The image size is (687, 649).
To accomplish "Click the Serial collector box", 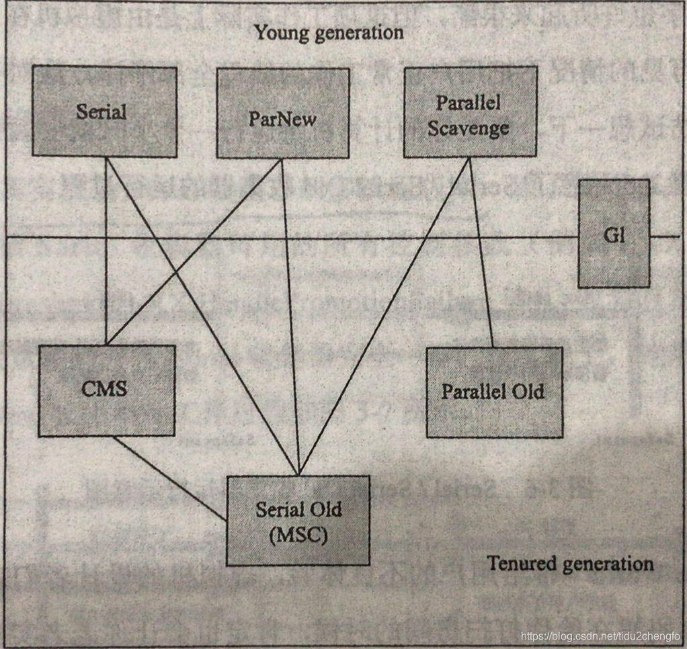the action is click(x=104, y=112).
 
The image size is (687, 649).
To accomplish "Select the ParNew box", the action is click(x=282, y=114).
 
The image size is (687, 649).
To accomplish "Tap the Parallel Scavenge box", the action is click(x=470, y=112).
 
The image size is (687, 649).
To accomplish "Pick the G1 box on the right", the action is click(x=614, y=233).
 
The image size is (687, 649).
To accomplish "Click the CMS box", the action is click(x=106, y=390).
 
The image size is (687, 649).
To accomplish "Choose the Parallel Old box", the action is click(x=494, y=392).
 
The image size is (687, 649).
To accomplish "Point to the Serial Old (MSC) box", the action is click(x=298, y=520).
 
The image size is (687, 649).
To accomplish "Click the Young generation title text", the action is click(x=329, y=32).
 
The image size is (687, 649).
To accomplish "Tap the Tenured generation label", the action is click(x=570, y=562).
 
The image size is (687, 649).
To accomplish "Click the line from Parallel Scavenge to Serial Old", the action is click(x=383, y=316).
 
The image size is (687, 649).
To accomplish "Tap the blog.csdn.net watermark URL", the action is click(x=600, y=636).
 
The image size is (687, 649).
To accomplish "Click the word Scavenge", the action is click(x=469, y=128).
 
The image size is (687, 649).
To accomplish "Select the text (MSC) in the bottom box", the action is click(x=298, y=536).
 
